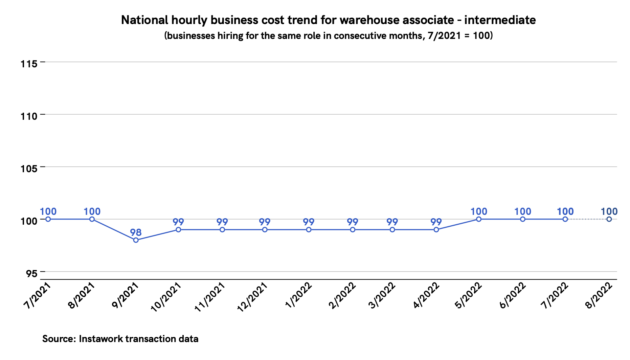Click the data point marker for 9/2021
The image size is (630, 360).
pos(136,240)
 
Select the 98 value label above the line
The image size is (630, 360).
pos(136,232)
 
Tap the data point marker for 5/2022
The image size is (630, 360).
pos(479,219)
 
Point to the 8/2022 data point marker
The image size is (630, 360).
pos(609,219)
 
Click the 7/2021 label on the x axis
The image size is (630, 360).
pos(38,296)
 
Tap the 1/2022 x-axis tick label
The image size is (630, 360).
pos(299,296)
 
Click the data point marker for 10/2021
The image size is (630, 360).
pos(178,230)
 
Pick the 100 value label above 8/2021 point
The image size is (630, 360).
pos(92,211)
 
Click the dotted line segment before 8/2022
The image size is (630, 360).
pos(587,219)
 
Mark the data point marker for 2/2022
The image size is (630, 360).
pos(353,230)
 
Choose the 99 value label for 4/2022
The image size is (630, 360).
pos(436,222)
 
